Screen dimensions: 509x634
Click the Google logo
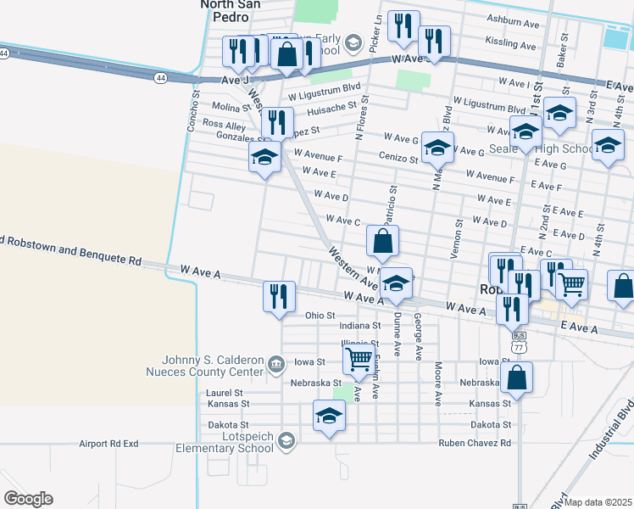click(x=28, y=499)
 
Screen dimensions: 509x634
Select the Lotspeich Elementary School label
click(x=225, y=443)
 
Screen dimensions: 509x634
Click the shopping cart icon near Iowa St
click(x=359, y=359)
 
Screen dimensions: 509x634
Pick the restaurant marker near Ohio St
click(x=279, y=297)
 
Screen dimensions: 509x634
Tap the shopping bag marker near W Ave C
click(x=383, y=242)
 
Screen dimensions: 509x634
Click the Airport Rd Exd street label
click(x=108, y=443)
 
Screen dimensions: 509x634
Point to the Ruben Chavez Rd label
click(x=475, y=443)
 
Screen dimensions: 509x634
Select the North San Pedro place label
click(x=230, y=10)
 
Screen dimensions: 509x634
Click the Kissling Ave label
click(x=510, y=43)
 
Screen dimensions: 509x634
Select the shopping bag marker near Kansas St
click(x=516, y=379)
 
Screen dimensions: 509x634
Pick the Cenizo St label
click(x=397, y=158)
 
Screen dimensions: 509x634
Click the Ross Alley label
click(x=224, y=125)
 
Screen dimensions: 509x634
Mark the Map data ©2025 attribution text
click(x=599, y=502)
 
